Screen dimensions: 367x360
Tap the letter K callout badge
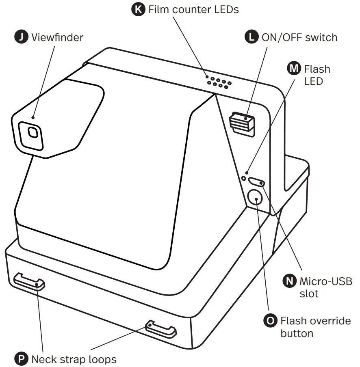coord(139,9)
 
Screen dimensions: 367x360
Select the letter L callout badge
coord(252,37)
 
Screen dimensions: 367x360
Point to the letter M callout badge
coord(294,69)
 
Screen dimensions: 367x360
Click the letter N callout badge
coord(289,281)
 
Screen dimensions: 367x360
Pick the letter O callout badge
coord(270,321)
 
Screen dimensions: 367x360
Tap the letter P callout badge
coord(21,359)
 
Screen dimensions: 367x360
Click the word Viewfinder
coord(57,37)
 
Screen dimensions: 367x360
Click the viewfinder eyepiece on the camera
coord(33,133)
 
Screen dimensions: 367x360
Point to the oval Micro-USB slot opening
coord(257,182)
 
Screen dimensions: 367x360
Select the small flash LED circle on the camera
coord(244,178)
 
